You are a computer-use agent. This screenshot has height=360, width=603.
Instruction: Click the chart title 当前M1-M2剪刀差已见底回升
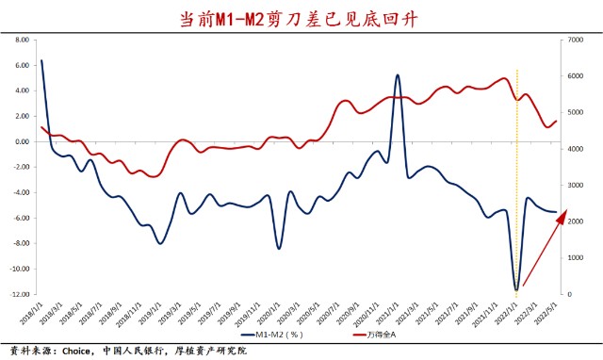[x=301, y=18]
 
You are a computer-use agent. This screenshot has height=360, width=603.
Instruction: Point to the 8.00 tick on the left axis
[x=20, y=41]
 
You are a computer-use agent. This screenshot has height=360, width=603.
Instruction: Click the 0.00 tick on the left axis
[x=20, y=141]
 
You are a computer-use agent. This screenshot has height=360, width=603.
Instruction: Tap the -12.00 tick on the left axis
[x=18, y=294]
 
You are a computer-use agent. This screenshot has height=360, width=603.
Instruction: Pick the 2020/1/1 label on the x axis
[x=274, y=310]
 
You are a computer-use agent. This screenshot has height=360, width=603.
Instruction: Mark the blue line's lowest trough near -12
[x=516, y=288]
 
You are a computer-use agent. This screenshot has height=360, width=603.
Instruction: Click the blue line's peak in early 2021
[x=398, y=75]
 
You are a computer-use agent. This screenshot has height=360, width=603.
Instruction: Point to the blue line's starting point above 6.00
[x=41, y=60]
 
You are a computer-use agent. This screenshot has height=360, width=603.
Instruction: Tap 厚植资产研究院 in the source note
[x=211, y=351]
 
